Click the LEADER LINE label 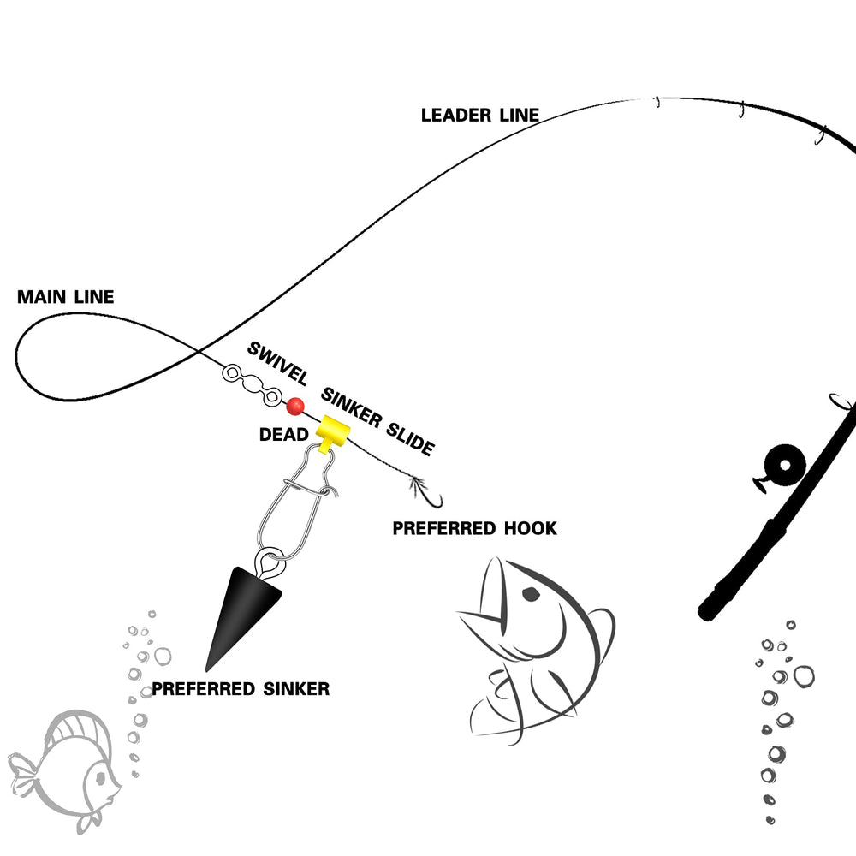(480, 115)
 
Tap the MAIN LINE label (65, 298)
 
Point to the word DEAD (284, 436)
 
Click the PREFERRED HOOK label (474, 529)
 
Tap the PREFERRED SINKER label (241, 688)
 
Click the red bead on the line (295, 406)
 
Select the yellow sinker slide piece (330, 431)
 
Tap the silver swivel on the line (252, 384)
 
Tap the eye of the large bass (531, 593)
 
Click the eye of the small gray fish (99, 779)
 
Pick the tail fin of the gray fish (23, 770)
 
